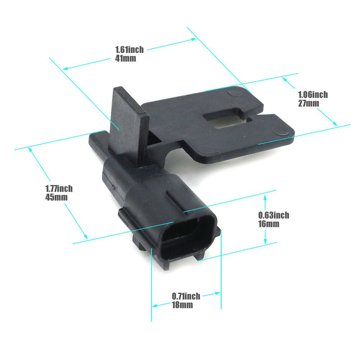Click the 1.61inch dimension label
(129, 50)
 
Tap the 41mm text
(126, 58)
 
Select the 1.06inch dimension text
(313, 95)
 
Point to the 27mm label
(309, 103)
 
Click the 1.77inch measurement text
(59, 189)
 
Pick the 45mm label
(56, 197)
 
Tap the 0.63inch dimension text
(274, 215)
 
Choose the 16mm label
(269, 224)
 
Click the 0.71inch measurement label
(186, 296)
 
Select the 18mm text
(182, 305)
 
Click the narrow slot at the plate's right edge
(254, 117)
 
